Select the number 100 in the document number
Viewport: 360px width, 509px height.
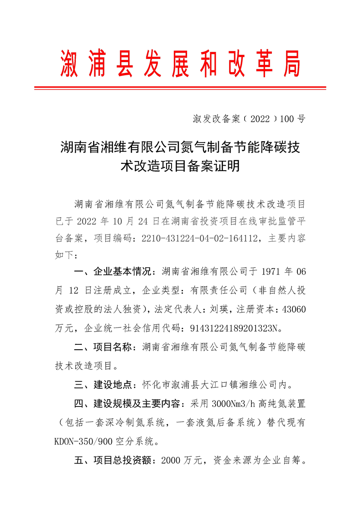[287, 119]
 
